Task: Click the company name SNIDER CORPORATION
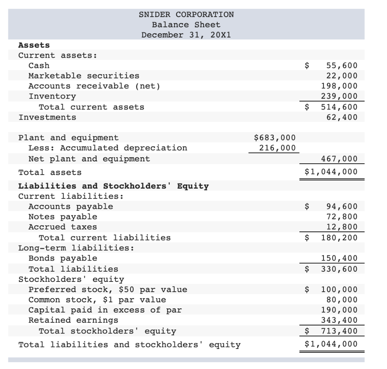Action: (186, 14)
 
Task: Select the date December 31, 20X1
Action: (186, 35)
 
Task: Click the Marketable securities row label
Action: (84, 76)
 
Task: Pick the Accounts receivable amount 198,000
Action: (339, 86)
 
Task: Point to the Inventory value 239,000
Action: (339, 96)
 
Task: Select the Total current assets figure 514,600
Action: (339, 107)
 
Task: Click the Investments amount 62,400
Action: (341, 117)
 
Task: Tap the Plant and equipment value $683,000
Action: (275, 138)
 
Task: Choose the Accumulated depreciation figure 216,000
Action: (277, 148)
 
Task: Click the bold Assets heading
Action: (34, 45)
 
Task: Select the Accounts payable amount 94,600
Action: (341, 206)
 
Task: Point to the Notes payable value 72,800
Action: (341, 217)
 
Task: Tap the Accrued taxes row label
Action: (63, 227)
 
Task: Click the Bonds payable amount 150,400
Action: (339, 258)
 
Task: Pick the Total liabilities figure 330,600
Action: (339, 269)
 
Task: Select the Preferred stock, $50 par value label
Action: (108, 289)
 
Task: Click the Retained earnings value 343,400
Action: (339, 321)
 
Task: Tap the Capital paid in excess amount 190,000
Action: (339, 310)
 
